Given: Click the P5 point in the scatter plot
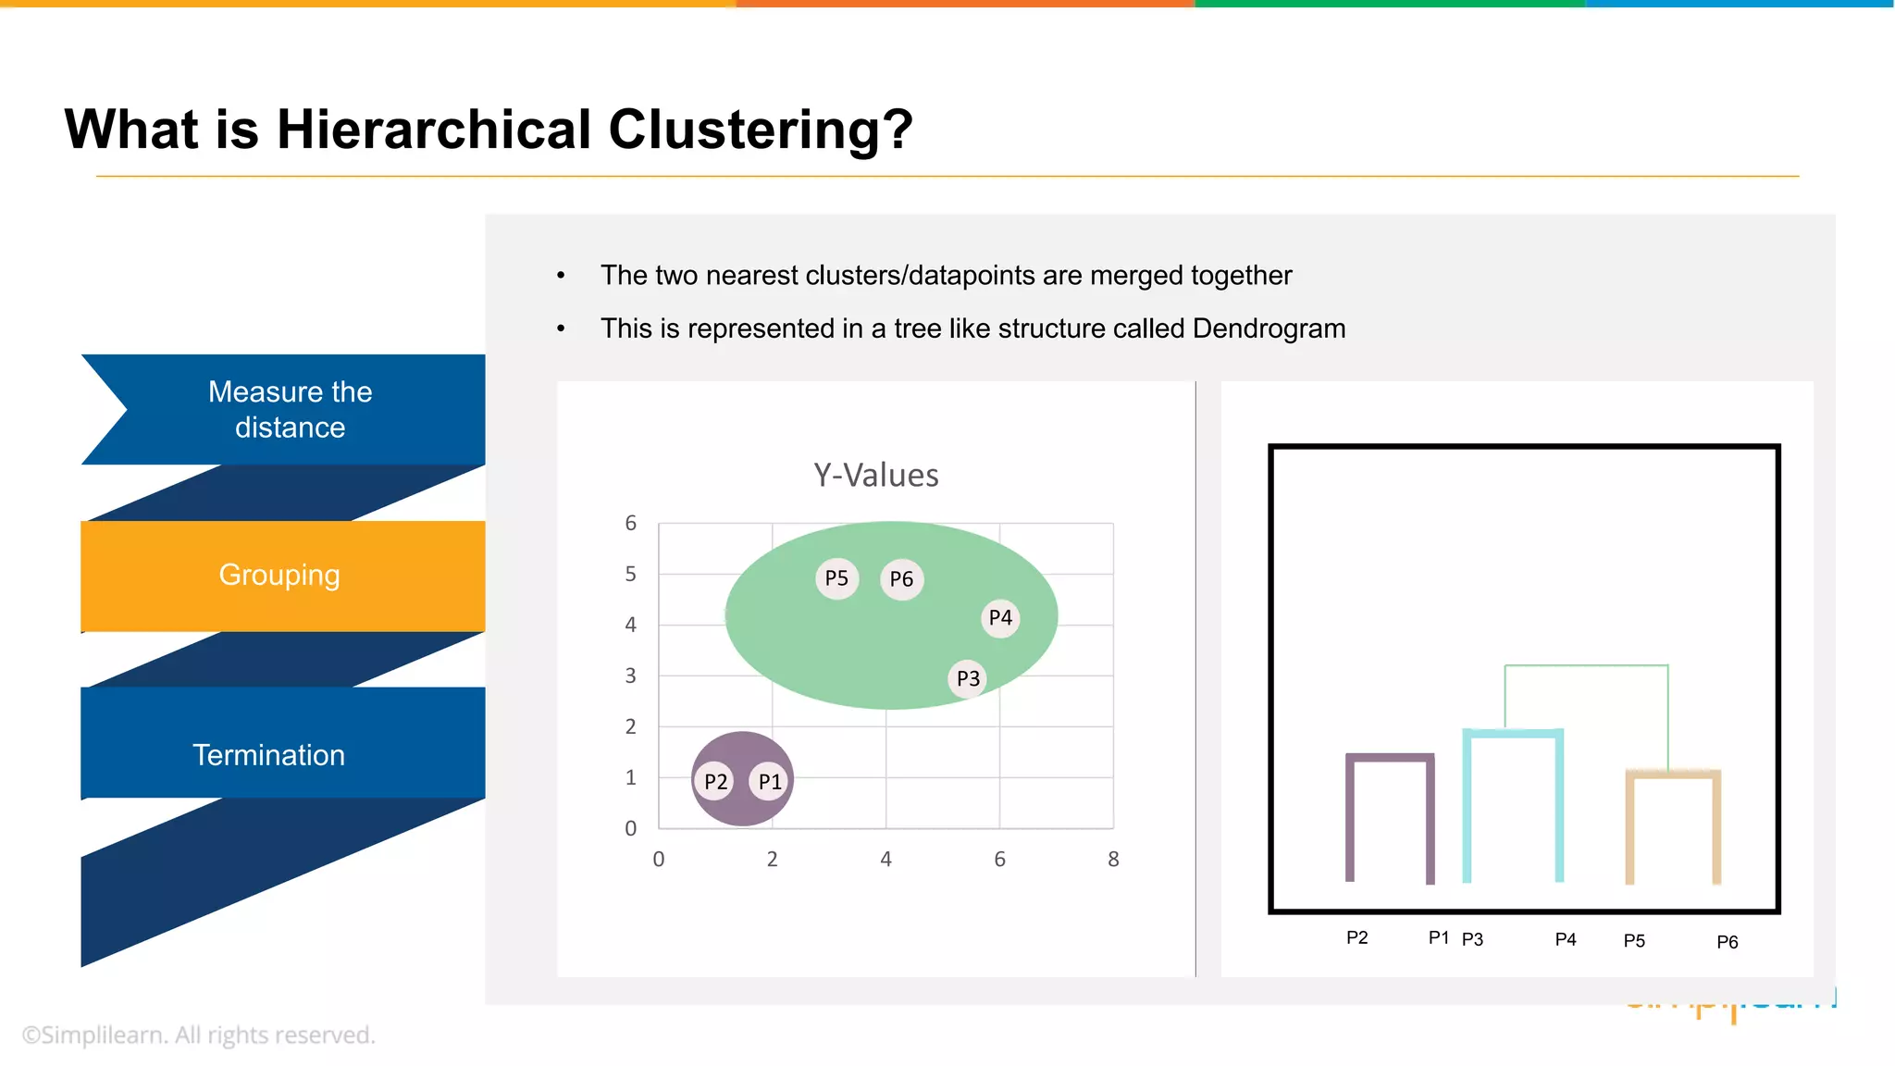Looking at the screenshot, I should pyautogui.click(x=836, y=578).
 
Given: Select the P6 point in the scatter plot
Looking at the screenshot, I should pyautogui.click(x=901, y=579).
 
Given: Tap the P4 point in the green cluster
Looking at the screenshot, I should pyautogui.click(x=1000, y=617).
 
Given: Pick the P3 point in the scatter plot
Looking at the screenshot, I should pyautogui.click(x=968, y=678).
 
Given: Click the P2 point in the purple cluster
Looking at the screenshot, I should pyautogui.click(x=715, y=782).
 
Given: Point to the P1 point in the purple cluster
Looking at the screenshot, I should pyautogui.click(x=770, y=782).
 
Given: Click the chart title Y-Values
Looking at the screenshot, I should pyautogui.click(x=875, y=476).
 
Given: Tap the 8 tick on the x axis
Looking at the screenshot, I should pyautogui.click(x=1113, y=860).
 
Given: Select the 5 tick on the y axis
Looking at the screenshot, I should pyautogui.click(x=630, y=575).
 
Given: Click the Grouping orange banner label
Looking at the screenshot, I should pyautogui.click(x=279, y=575).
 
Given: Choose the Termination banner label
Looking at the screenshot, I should pyautogui.click(x=268, y=755).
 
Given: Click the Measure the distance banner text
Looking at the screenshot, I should pyautogui.click(x=290, y=409).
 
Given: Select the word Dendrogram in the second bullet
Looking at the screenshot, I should pyautogui.click(x=1269, y=328).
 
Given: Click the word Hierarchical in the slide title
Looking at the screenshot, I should pyautogui.click(x=434, y=129).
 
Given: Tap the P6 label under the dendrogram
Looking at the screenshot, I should pyautogui.click(x=1727, y=942).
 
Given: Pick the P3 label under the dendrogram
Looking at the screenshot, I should pyautogui.click(x=1472, y=940).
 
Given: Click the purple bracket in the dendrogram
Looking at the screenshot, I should pyautogui.click(x=1390, y=758).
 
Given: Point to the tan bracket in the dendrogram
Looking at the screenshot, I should pyautogui.click(x=1673, y=775).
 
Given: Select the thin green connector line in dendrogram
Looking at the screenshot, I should pyautogui.click(x=1586, y=665).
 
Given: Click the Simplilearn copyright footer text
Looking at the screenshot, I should pyautogui.click(x=198, y=1035).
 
